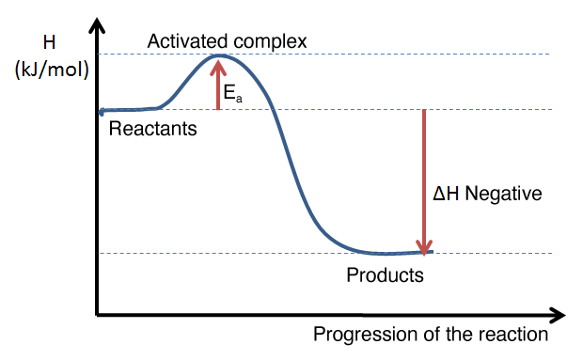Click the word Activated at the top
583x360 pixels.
coord(181,42)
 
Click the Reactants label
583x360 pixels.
coord(153,129)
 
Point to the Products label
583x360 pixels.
coord(386,276)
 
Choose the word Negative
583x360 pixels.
coord(505,196)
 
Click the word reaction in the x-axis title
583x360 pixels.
coord(513,335)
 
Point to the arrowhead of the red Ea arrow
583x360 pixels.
coord(219,63)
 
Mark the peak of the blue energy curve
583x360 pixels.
coord(219,55)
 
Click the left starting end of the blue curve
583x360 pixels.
coord(99,112)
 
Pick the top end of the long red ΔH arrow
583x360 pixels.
coord(425,111)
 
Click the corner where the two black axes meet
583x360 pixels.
coord(96,315)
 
